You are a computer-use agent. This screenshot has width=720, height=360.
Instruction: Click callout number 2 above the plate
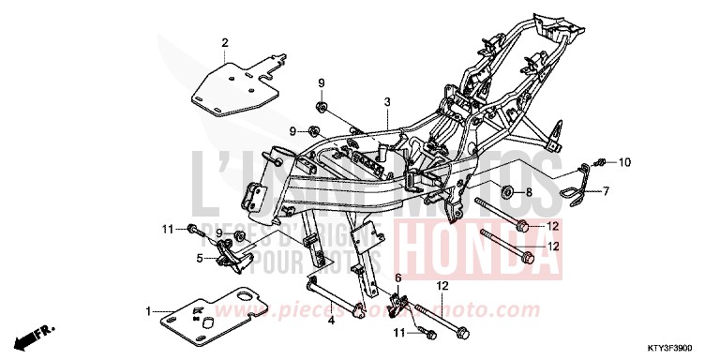225,42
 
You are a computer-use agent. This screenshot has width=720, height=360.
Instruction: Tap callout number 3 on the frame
385,101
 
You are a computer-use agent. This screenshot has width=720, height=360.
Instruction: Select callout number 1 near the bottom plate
148,310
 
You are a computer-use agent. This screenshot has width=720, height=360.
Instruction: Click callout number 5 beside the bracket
199,257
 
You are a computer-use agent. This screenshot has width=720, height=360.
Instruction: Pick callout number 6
397,278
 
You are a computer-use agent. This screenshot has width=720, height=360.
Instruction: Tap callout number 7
605,191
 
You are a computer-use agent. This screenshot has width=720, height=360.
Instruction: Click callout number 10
625,161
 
